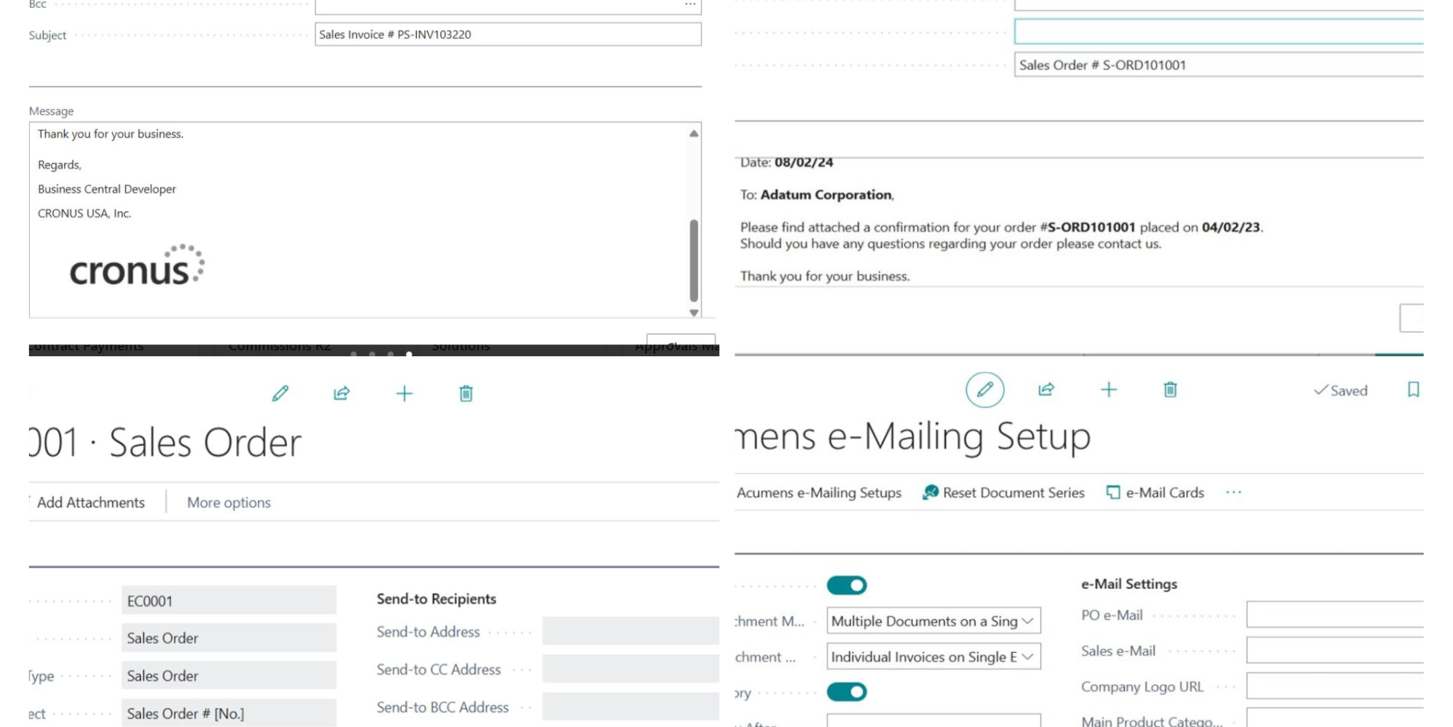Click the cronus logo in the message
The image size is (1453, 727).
tap(137, 266)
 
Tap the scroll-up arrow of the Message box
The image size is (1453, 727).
tap(694, 134)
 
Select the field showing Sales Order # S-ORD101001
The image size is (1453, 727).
tap(1218, 65)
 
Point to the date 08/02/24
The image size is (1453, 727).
tap(804, 162)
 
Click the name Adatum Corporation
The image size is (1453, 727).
tap(826, 195)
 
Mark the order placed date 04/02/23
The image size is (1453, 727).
tap(1231, 227)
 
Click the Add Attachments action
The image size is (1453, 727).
tap(91, 502)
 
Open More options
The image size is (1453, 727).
tap(229, 502)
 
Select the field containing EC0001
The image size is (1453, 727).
tap(228, 601)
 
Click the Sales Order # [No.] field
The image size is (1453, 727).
tap(228, 713)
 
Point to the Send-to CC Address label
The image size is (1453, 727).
tap(438, 670)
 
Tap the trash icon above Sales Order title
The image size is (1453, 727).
tap(466, 393)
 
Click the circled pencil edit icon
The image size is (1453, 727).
tap(984, 390)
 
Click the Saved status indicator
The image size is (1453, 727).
tap(1340, 390)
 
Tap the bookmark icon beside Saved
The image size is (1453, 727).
tap(1413, 390)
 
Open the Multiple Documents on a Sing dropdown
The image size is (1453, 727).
tap(933, 621)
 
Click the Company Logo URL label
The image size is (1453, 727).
tap(1142, 686)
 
